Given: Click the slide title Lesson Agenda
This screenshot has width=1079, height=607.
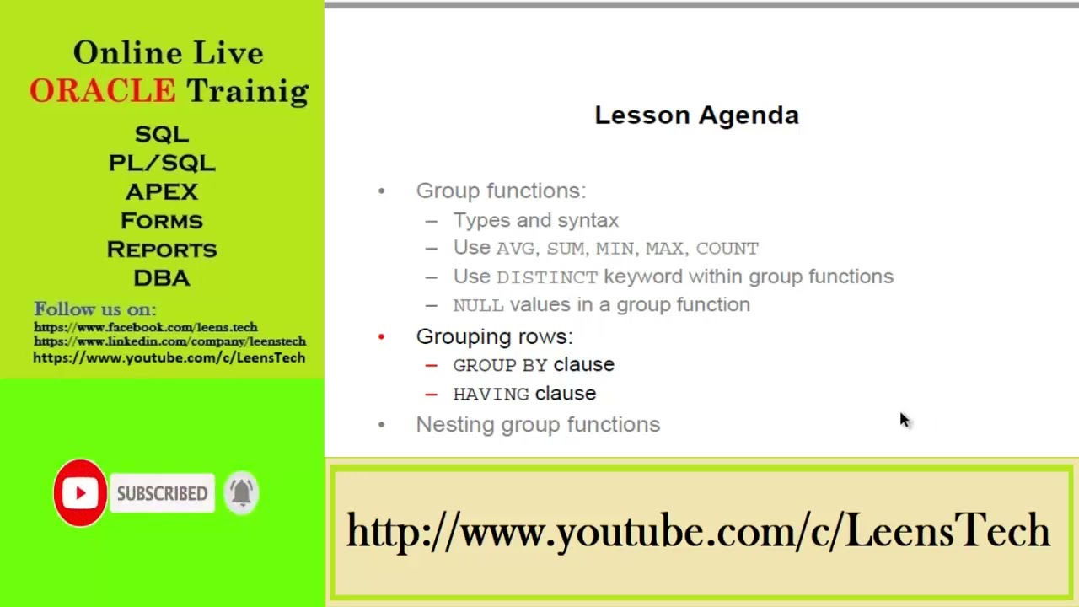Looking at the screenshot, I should pyautogui.click(x=696, y=115).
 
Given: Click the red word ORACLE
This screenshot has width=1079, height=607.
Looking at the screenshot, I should pyautogui.click(x=102, y=91).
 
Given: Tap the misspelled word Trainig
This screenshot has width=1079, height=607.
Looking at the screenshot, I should pyautogui.click(x=247, y=91).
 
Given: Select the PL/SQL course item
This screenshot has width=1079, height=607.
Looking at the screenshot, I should pyautogui.click(x=162, y=163).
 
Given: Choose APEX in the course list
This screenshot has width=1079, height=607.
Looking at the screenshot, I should pyautogui.click(x=162, y=191).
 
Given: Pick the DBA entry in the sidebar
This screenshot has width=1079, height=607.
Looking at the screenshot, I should pyautogui.click(x=162, y=278).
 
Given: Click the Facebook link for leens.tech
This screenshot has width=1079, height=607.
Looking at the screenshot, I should pyautogui.click(x=146, y=327).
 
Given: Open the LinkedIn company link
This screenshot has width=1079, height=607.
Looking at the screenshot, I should pyautogui.click(x=169, y=341).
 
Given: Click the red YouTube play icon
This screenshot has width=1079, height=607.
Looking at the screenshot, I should pyautogui.click(x=80, y=493).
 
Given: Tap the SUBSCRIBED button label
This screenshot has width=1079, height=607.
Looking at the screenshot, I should pyautogui.click(x=162, y=494).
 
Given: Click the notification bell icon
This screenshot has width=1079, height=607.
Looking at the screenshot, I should pyautogui.click(x=242, y=493).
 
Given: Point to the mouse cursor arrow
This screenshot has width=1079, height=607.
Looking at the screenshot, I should pyautogui.click(x=904, y=419).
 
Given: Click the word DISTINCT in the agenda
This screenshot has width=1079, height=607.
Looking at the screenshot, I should pyautogui.click(x=546, y=277).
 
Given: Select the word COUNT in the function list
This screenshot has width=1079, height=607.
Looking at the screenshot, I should pyautogui.click(x=727, y=249).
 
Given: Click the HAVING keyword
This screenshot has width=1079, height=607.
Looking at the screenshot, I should pyautogui.click(x=491, y=395).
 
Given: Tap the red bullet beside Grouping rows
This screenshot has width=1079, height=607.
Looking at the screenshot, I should pyautogui.click(x=381, y=337).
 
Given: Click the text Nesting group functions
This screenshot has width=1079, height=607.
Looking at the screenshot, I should pyautogui.click(x=538, y=424).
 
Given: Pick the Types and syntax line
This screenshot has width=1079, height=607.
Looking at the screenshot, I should pyautogui.click(x=535, y=220).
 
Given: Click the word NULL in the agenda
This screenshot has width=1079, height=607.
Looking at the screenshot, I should pyautogui.click(x=478, y=305).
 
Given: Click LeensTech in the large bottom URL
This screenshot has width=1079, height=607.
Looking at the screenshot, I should pyautogui.click(x=947, y=532).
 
